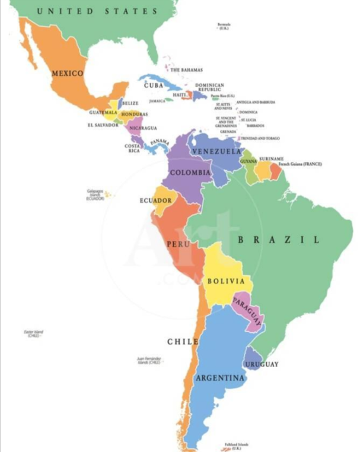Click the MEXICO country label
pyautogui.click(x=67, y=73)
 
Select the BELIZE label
pyautogui.click(x=130, y=103)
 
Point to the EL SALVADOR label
pyautogui.click(x=103, y=125)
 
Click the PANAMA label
pyautogui.click(x=160, y=142)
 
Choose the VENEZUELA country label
pyautogui.click(x=215, y=152)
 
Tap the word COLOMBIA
pyautogui.click(x=190, y=173)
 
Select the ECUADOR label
pyautogui.click(x=155, y=200)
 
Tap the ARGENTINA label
pyautogui.click(x=221, y=378)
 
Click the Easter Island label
pyautogui.click(x=32, y=333)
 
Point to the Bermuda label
pyautogui.click(x=224, y=26)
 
